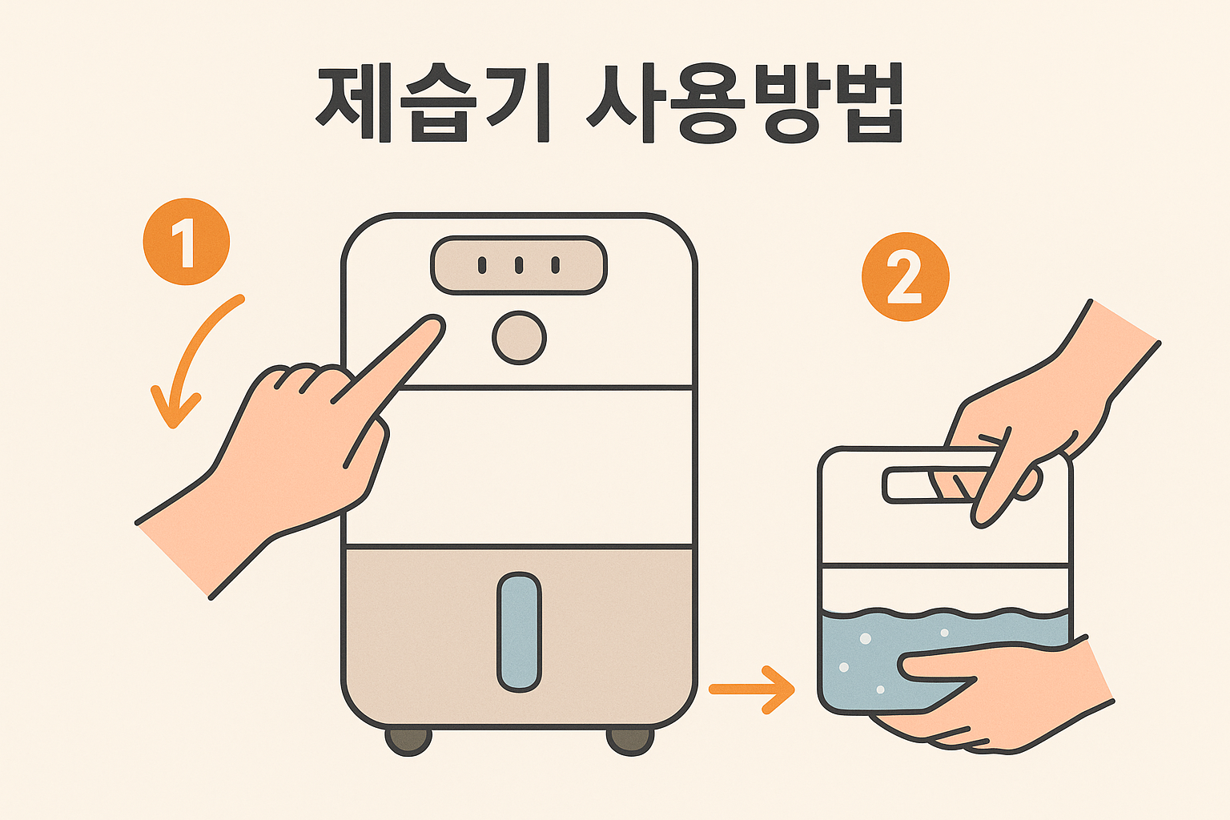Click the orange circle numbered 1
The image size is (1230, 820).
186,242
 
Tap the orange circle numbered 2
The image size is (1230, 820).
906,277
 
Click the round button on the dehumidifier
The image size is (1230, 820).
519,338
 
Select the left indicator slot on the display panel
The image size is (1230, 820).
482,265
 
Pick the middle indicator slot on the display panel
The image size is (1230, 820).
519,265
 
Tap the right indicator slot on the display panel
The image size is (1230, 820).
556,265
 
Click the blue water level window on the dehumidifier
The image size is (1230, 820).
519,632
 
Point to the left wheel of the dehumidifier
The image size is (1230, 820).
408,742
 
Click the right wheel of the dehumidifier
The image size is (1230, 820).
630,742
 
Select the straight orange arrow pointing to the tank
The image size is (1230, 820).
752,689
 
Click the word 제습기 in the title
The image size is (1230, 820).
433,102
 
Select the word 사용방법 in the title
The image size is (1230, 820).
745,102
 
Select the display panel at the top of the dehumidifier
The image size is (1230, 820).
519,265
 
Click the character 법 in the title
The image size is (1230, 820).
874,102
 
